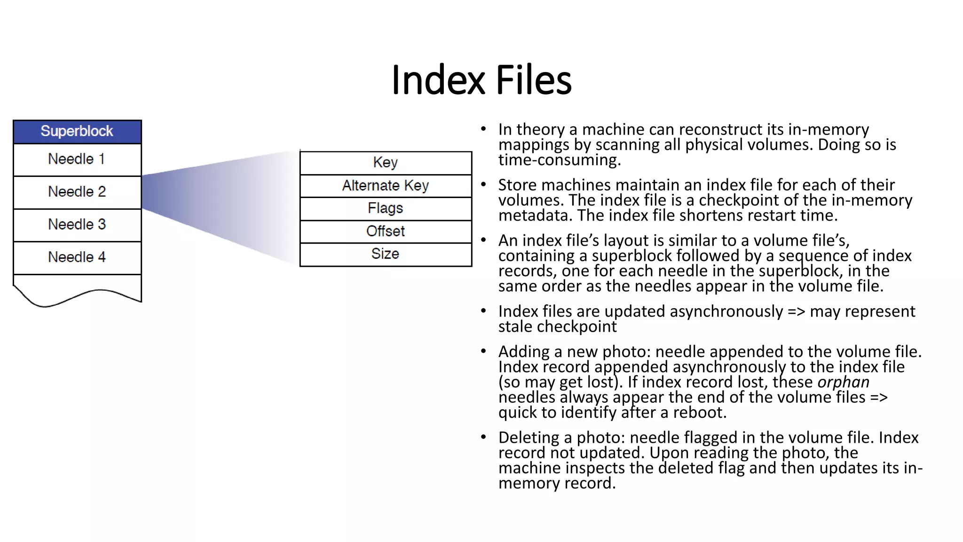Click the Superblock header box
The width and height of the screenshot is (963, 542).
coord(77,131)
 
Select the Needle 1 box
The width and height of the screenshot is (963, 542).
coord(77,159)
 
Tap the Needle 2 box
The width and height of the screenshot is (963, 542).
coord(77,192)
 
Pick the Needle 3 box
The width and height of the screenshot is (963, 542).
coord(77,225)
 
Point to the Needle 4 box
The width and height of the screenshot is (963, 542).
coord(77,257)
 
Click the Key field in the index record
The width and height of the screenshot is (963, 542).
coord(386,163)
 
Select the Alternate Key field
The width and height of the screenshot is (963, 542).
coord(386,185)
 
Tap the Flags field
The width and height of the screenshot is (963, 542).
coord(386,208)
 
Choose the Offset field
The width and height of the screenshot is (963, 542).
coord(386,231)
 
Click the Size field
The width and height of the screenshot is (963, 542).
coord(386,254)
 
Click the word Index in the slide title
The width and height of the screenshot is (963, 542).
coord(438,80)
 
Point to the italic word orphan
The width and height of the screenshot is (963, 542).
coord(843,382)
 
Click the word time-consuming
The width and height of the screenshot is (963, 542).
coord(559,160)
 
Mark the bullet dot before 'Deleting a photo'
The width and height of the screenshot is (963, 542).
coord(483,437)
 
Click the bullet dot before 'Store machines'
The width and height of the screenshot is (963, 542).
coord(483,184)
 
